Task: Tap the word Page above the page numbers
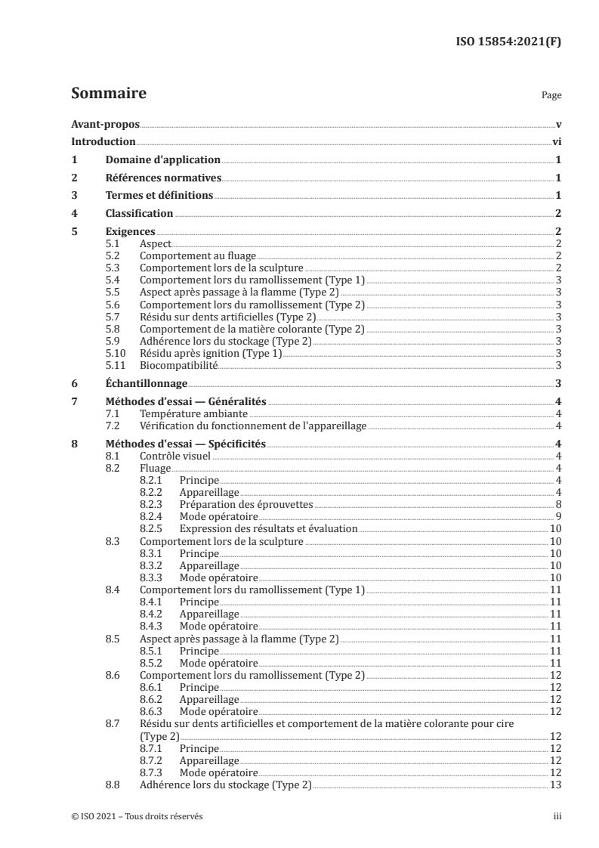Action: [x=551, y=97]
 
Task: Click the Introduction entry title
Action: [x=103, y=142]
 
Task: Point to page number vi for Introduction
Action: [x=556, y=142]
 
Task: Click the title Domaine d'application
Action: [x=162, y=160]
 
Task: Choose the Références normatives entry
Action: [x=162, y=178]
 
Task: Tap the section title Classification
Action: [x=139, y=214]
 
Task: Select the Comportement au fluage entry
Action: [x=198, y=256]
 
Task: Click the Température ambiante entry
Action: [x=194, y=414]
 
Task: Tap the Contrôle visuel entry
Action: [x=175, y=456]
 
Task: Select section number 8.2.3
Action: [x=153, y=505]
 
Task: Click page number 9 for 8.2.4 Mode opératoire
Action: [x=557, y=517]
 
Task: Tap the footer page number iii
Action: [x=557, y=817]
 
